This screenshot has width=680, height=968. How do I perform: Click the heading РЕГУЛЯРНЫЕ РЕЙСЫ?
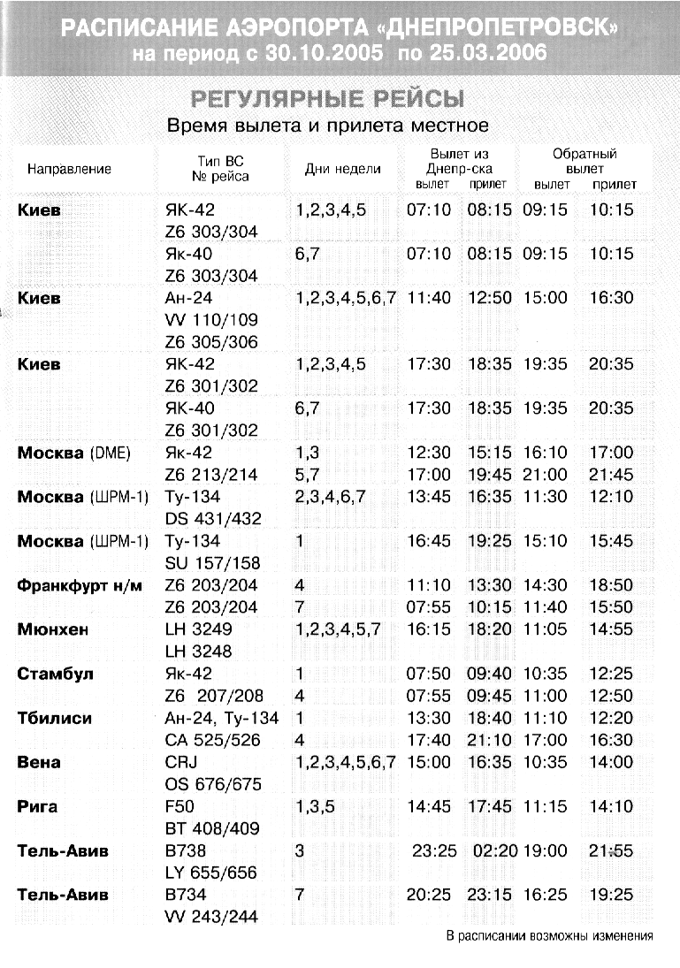coord(328,98)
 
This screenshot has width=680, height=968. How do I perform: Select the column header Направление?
coord(69,169)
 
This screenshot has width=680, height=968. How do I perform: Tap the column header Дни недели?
coord(342,169)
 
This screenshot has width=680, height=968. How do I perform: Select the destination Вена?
coord(39,762)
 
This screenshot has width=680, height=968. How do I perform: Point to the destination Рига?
coord(38,806)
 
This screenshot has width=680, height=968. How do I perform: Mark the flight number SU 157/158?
coord(212,563)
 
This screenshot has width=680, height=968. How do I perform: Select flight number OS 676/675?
coord(213,784)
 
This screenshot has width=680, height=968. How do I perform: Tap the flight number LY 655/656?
coord(211,873)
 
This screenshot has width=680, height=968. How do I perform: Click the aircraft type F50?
coord(180,806)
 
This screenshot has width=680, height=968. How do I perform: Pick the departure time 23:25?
coord(433,850)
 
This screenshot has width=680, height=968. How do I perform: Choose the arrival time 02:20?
coord(490,850)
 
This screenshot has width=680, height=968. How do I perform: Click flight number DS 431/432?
coord(213,519)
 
